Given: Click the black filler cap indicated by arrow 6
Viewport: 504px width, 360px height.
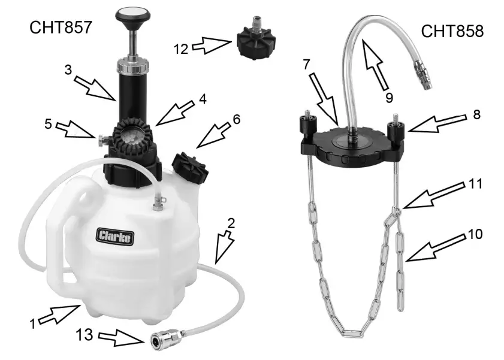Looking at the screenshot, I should point(191,166).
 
